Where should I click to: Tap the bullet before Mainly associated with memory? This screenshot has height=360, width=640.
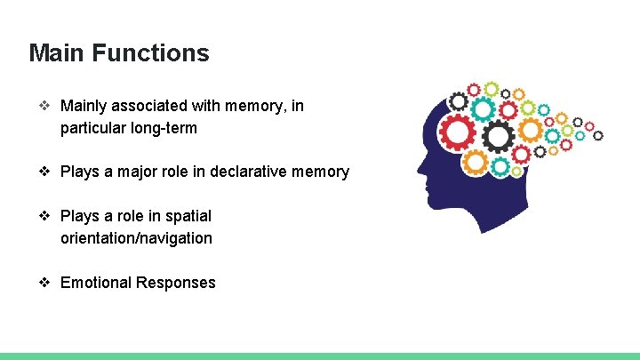pyautogui.click(x=44, y=107)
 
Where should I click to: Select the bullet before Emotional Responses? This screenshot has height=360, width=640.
pyautogui.click(x=44, y=283)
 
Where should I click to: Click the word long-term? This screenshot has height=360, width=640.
pyautogui.click(x=164, y=128)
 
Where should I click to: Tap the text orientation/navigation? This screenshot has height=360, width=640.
pyautogui.click(x=136, y=238)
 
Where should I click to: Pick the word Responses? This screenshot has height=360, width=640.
pyautogui.click(x=175, y=283)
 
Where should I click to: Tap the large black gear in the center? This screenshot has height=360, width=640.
pyautogui.click(x=498, y=136)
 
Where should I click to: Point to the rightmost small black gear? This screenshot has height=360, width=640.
pyautogui.click(x=597, y=135)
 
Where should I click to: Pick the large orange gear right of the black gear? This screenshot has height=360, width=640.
pyautogui.click(x=530, y=132)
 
